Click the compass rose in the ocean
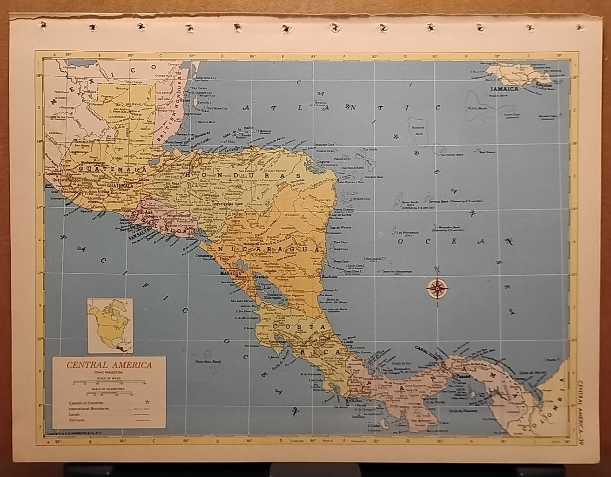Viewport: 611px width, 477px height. tap(437, 288)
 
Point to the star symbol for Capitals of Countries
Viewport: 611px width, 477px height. tap(148, 402)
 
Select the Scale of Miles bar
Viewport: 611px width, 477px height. tap(110, 382)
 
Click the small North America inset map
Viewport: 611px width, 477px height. tap(109, 326)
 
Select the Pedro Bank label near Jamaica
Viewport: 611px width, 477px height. tap(474, 108)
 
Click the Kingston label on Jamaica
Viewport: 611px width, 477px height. tap(545, 85)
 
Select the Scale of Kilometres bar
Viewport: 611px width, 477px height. tap(110, 393)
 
